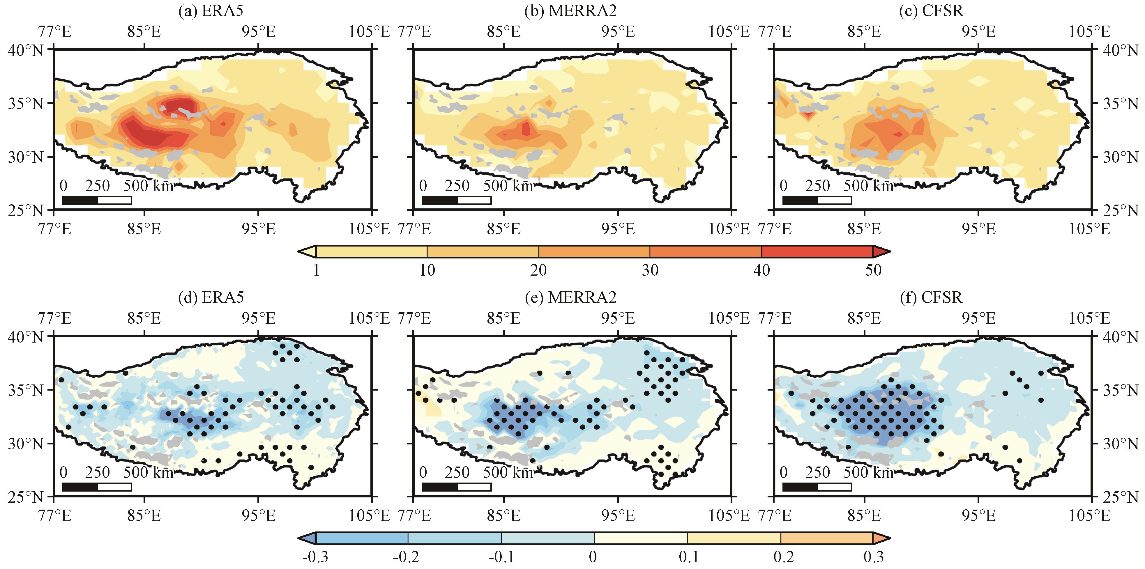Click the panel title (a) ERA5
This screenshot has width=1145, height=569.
(x=211, y=11)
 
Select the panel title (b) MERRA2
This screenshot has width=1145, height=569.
(x=571, y=11)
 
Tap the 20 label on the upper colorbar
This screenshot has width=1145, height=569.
(x=538, y=270)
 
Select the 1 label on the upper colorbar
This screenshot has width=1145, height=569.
(x=316, y=270)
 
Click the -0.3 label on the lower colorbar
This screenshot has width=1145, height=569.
(x=315, y=556)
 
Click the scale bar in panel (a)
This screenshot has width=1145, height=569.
(x=97, y=200)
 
